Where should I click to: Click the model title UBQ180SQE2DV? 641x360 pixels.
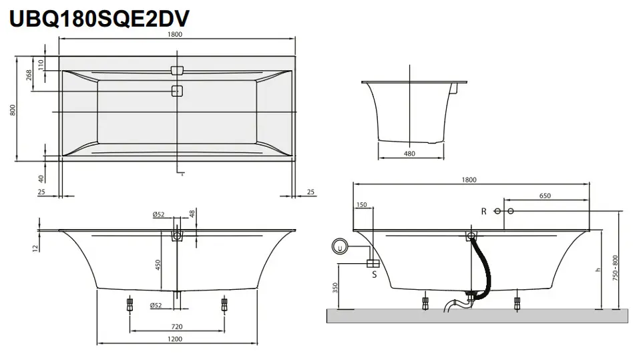99,19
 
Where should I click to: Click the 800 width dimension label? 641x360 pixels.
13,110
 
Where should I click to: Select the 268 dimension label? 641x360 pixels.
29,75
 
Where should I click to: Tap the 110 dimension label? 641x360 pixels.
41,65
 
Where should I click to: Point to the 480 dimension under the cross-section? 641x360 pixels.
409,154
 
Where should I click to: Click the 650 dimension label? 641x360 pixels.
545,196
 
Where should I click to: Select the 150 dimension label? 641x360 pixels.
362,205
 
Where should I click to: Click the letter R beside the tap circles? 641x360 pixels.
483,212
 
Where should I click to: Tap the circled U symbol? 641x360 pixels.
340,246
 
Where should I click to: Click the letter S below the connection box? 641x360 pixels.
374,275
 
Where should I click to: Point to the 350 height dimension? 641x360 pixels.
335,288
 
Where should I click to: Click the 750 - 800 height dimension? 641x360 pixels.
615,268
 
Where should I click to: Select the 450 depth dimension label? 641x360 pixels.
158,265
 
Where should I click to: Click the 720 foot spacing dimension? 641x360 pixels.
176,327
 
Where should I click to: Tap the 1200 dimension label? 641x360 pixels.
174,339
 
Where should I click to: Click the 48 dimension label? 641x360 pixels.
192,213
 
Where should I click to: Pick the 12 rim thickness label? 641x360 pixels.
35,248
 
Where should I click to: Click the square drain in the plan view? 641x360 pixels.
177,91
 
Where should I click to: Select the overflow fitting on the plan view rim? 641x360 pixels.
177,70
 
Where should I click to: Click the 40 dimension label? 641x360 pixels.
41,179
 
